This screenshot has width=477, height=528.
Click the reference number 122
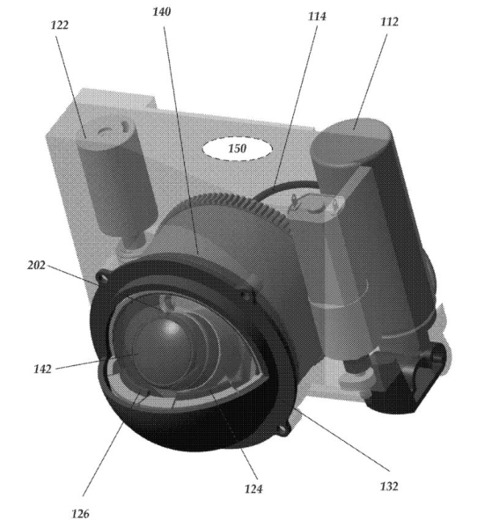[x=60, y=25]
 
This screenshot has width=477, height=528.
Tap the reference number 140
[x=162, y=11]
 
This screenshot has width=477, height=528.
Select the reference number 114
[x=317, y=16]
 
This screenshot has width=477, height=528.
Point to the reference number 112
[x=389, y=22]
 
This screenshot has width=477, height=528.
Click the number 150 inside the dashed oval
[x=237, y=149]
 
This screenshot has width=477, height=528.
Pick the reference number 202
[x=36, y=266]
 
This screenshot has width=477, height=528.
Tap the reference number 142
[x=43, y=369]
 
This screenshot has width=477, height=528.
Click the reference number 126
[x=80, y=514]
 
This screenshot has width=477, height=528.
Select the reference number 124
[x=253, y=488]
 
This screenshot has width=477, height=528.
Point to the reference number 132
[x=389, y=487]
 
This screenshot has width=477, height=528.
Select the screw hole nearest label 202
[x=102, y=278]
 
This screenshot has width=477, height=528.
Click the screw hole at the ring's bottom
[x=284, y=430]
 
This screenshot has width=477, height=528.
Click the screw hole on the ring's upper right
[x=247, y=297]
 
